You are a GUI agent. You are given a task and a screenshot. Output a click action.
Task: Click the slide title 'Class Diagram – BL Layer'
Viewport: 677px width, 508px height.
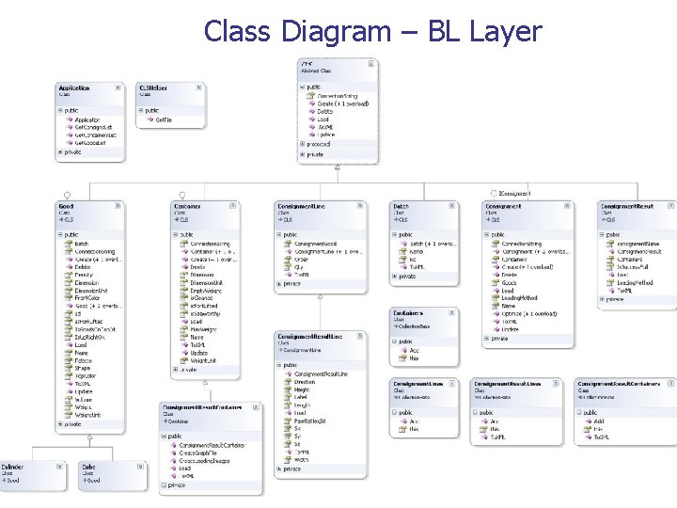tap(372, 31)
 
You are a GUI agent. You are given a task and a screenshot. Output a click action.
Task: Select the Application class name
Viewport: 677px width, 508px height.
tap(74, 87)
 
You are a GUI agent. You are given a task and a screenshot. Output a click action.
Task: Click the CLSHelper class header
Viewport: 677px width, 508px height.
tap(153, 87)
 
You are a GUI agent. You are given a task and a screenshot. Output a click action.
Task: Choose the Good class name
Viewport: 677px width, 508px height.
tap(66, 206)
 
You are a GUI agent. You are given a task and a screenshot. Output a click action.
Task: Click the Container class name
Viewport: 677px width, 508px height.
tap(187, 206)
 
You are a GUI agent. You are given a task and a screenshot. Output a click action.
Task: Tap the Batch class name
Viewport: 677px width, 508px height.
tap(401, 206)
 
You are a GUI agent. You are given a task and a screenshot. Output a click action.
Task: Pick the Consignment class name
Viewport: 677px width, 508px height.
tap(504, 206)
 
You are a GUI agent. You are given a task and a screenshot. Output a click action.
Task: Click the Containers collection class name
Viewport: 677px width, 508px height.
tap(409, 312)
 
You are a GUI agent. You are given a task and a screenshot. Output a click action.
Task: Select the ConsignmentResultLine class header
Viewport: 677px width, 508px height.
tap(309, 336)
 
